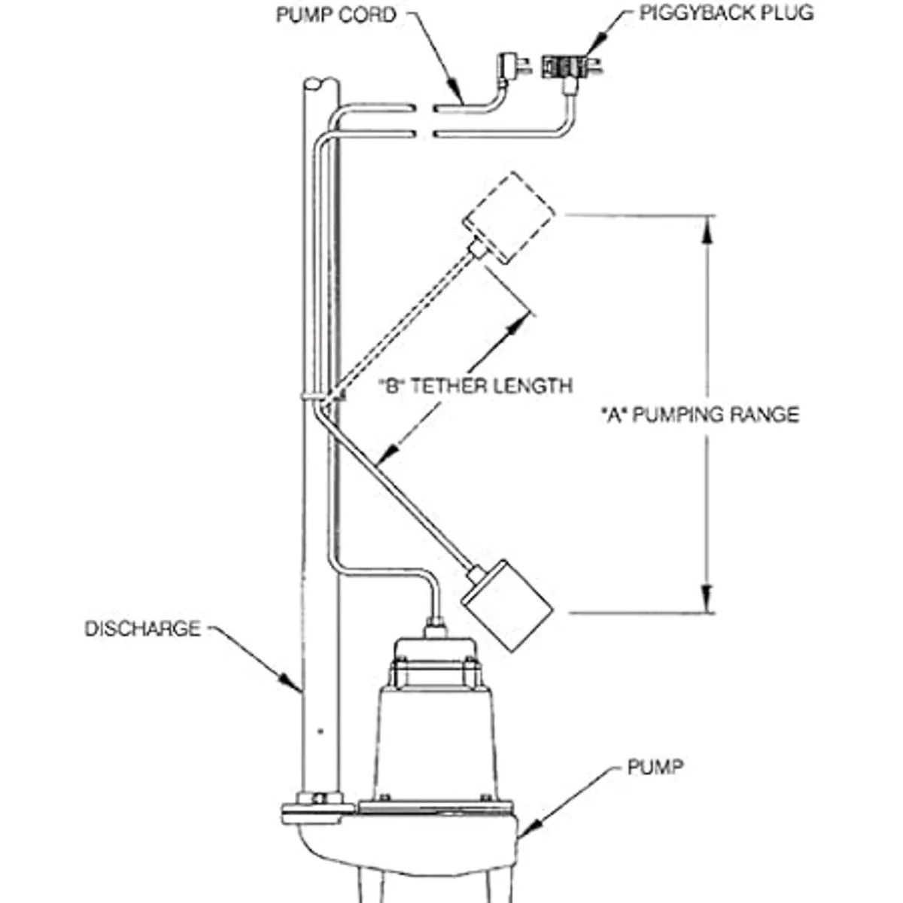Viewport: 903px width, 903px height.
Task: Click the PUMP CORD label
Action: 335,14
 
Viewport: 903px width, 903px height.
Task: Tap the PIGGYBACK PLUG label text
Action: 726,13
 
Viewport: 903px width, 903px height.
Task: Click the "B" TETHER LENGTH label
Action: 476,386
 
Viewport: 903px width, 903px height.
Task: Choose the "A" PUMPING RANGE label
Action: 700,415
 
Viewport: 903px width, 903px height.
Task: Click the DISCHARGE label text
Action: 143,628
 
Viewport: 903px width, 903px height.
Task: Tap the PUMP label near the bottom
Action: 655,768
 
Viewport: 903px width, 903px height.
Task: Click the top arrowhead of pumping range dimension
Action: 707,230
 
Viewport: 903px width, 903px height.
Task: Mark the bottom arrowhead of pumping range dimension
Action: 707,598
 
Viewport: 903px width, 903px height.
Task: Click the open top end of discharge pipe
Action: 318,82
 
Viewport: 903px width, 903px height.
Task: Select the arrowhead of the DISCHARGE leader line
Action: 297,684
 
